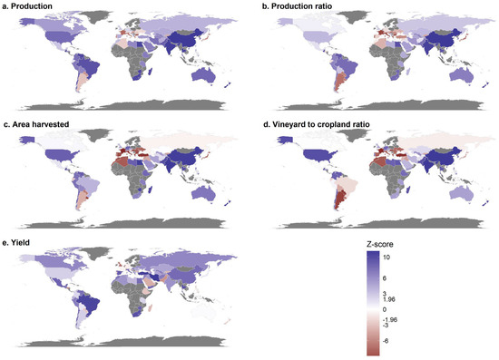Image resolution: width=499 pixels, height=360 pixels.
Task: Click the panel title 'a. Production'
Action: (27, 6)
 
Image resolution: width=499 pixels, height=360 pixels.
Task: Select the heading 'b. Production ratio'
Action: (297, 6)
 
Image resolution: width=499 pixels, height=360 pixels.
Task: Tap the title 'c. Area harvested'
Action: (35, 124)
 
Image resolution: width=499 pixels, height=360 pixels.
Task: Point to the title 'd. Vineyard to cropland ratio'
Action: (317, 124)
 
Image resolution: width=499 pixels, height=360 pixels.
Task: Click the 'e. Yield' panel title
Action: (16, 242)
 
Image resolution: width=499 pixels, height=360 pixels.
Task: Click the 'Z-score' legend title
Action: (379, 244)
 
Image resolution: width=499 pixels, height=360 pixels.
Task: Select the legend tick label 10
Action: (386, 257)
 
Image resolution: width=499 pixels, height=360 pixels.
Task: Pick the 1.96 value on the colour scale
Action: (389, 299)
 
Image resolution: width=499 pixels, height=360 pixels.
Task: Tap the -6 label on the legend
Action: (385, 341)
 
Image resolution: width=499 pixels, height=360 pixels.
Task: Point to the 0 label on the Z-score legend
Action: (385, 309)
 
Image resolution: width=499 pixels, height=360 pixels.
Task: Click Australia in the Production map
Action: (202, 75)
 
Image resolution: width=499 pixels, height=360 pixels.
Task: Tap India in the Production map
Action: (171, 48)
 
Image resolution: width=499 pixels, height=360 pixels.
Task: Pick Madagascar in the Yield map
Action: (152, 307)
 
